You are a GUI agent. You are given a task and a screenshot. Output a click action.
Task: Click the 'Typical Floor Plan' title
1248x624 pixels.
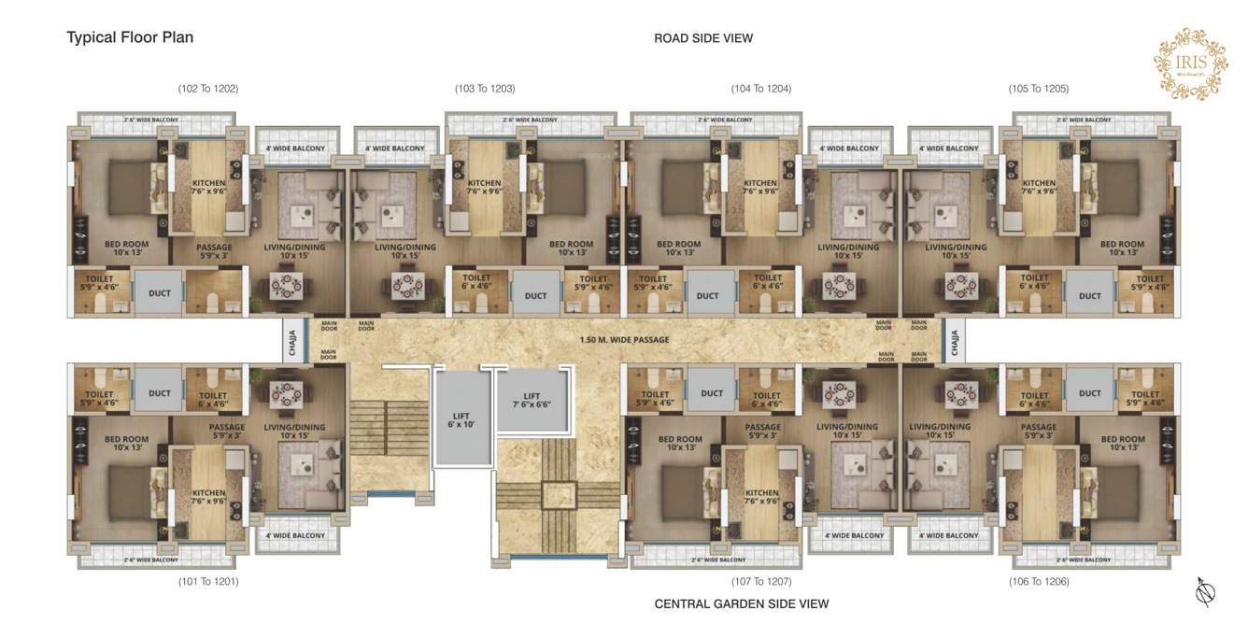pos(130,37)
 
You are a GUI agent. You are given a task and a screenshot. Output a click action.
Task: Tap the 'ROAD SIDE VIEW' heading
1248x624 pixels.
pos(702,38)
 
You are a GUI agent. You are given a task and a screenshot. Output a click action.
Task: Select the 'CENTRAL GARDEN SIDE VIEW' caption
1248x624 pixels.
pos(741,603)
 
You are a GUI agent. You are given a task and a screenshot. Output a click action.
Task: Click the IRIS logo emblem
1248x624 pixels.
pos(1190,63)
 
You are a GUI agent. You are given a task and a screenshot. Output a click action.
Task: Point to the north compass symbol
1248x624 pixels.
pos(1206,590)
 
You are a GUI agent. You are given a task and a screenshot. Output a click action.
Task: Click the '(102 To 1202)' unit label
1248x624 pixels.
pos(208,89)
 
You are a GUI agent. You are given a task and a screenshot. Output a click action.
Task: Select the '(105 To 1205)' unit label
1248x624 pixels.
pos(1038,89)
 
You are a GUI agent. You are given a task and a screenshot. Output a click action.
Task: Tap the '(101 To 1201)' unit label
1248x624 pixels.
pos(208,581)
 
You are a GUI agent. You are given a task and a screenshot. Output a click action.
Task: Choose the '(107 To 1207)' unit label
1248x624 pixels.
pos(760,581)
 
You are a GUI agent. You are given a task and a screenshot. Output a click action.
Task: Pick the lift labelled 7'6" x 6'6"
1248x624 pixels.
pos(532,400)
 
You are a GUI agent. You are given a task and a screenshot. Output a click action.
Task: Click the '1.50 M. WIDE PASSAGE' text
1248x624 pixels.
pos(624,339)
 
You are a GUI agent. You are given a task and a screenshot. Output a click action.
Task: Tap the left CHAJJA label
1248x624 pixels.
pos(293,339)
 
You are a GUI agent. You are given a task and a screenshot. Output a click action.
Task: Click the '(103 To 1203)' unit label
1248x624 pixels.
pos(485,89)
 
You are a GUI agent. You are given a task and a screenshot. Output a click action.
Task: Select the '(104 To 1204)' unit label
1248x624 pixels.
pos(760,89)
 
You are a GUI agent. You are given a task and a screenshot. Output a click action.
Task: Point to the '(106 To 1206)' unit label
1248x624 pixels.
pos(1038,581)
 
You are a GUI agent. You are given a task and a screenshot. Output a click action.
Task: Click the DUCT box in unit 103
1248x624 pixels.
pos(535,295)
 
